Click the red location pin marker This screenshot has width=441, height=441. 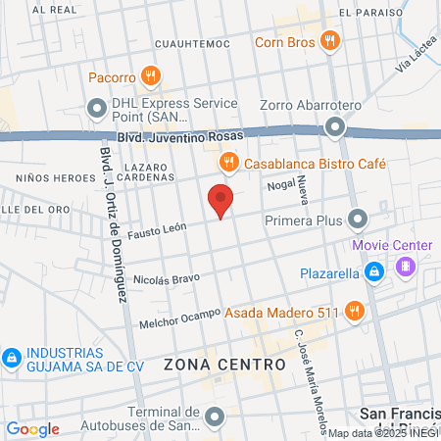point(221,201)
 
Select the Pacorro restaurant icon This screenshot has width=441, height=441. point(150,75)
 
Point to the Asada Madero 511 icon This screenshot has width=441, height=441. point(354,313)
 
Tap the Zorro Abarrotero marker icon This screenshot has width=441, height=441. point(336,125)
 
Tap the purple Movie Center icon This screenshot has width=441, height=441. point(404,265)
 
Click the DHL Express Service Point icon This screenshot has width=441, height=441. point(98,107)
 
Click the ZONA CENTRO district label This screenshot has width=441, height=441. point(224,364)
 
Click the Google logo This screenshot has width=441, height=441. point(32,428)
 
